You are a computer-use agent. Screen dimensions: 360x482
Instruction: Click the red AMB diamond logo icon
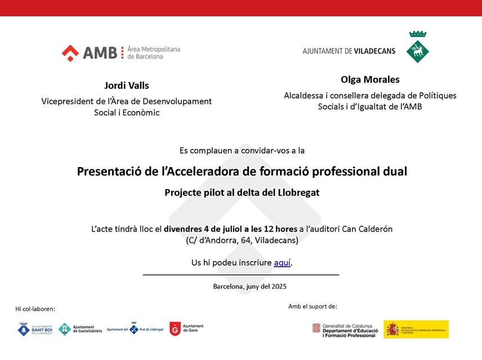click(70, 53)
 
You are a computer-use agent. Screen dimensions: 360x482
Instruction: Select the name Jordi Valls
click(127, 85)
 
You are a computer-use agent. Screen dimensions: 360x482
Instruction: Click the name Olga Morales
click(370, 79)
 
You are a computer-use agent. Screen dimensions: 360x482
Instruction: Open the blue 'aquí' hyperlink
click(282, 263)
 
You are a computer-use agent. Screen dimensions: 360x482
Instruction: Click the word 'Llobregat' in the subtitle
click(298, 192)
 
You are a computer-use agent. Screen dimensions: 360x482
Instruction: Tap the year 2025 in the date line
click(279, 286)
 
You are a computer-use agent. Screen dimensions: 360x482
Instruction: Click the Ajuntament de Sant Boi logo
click(35, 329)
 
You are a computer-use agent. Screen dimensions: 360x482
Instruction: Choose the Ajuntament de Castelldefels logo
click(80, 329)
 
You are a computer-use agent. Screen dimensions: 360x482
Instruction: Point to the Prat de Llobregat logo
click(135, 329)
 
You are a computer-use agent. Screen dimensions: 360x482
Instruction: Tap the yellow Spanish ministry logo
click(416, 330)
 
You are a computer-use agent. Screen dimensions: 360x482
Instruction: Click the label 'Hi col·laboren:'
click(35, 309)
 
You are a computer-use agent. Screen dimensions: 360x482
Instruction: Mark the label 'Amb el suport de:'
click(313, 306)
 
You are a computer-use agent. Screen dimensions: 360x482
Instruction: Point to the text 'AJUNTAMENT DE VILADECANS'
click(349, 51)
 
